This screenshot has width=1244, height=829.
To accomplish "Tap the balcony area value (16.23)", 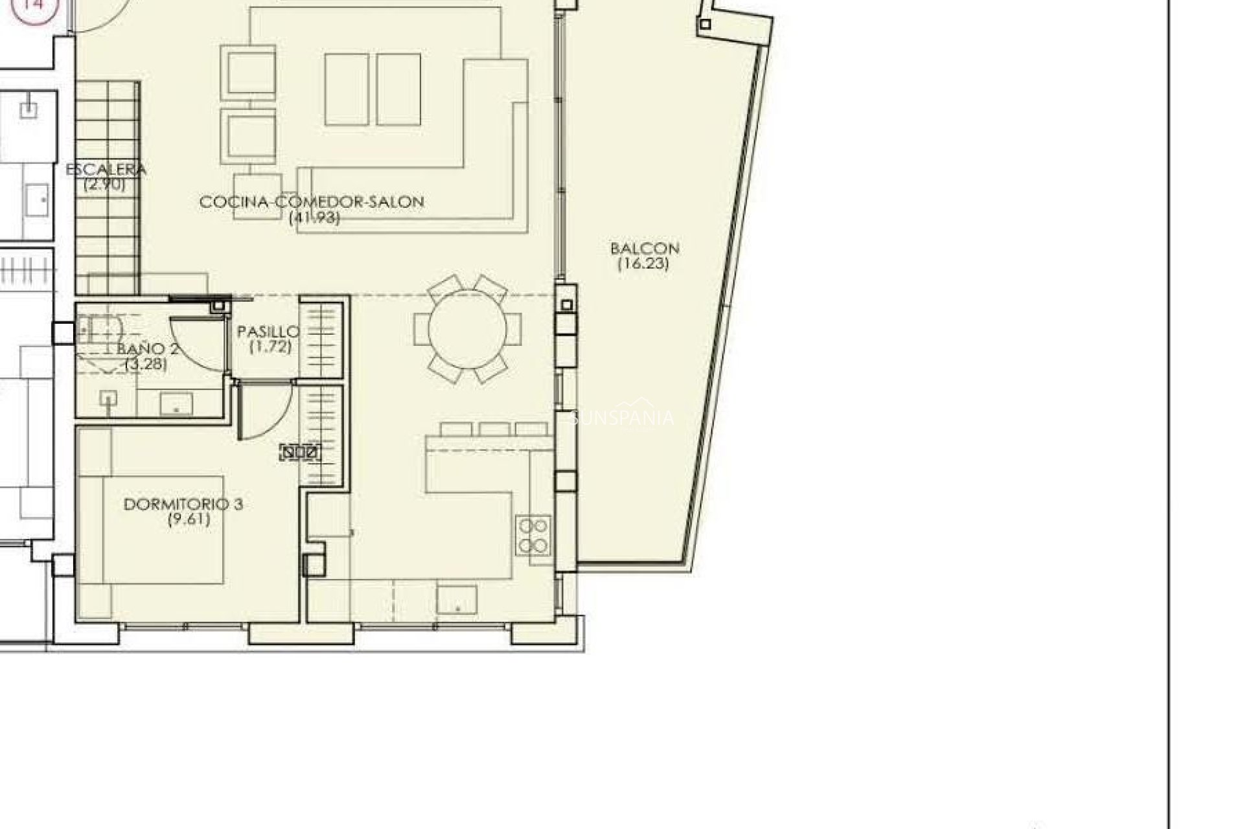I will click(643, 264).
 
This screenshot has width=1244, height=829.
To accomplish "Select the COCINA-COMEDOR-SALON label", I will click(312, 202).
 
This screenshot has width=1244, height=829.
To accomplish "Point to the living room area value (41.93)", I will click(314, 218).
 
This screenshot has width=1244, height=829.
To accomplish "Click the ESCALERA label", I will click(106, 170).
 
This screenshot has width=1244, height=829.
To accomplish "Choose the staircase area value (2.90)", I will click(104, 184).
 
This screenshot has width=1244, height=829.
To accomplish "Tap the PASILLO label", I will click(268, 332).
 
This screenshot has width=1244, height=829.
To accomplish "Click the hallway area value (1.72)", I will click(270, 346).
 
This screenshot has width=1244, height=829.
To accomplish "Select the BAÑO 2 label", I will click(148, 349).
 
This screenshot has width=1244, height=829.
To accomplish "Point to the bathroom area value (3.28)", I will click(146, 364).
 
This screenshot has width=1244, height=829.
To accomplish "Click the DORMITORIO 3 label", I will click(183, 504).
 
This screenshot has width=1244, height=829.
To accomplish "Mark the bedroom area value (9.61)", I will click(189, 519).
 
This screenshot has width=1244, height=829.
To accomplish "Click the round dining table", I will click(467, 329).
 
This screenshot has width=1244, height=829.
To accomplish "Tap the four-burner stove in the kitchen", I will click(533, 535).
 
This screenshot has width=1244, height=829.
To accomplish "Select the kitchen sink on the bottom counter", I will click(457, 599).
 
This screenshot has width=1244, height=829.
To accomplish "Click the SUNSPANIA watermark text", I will click(622, 418).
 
